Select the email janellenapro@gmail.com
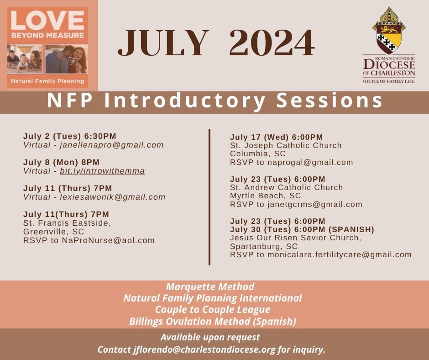click(112, 145)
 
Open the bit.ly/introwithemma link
click(102, 171)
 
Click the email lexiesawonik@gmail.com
click(113, 197)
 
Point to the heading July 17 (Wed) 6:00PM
click(276, 137)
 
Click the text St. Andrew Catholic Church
click(286, 187)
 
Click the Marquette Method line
click(210, 287)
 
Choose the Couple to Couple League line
click(213, 310)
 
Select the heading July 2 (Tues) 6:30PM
click(69, 136)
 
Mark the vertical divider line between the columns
click(209, 196)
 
